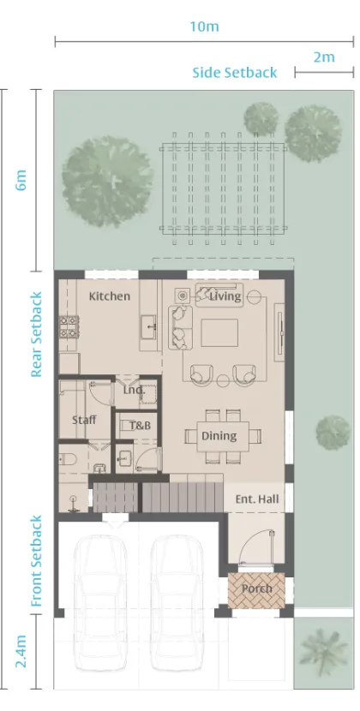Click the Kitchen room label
[x=110, y=296]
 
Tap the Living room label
[x=225, y=296]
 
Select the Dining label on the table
[x=219, y=436]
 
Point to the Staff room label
[x=83, y=420]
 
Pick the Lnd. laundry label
[x=134, y=390]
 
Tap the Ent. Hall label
[x=257, y=499]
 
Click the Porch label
[x=256, y=589]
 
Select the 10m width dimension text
[x=204, y=27]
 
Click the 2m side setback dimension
[x=323, y=57]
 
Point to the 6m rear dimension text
[x=21, y=180]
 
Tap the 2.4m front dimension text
[x=21, y=651]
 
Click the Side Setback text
[x=234, y=73]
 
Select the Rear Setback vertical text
[x=36, y=334]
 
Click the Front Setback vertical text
[x=36, y=561]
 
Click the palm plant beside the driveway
[x=324, y=651]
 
